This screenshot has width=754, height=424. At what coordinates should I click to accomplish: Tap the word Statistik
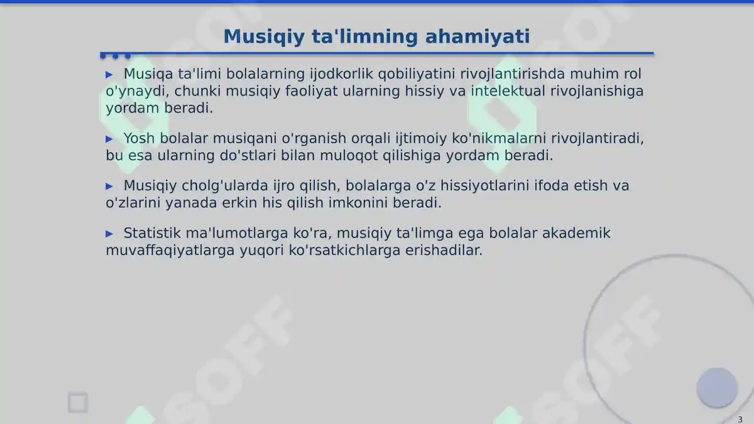pos(152,234)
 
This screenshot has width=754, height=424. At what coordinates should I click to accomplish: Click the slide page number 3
pos(740,420)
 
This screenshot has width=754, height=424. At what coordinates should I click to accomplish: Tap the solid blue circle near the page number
pos(717,388)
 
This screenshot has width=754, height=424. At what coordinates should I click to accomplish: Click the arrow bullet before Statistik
pos(109,234)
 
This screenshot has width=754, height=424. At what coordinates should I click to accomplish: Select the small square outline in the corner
pos(78,403)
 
